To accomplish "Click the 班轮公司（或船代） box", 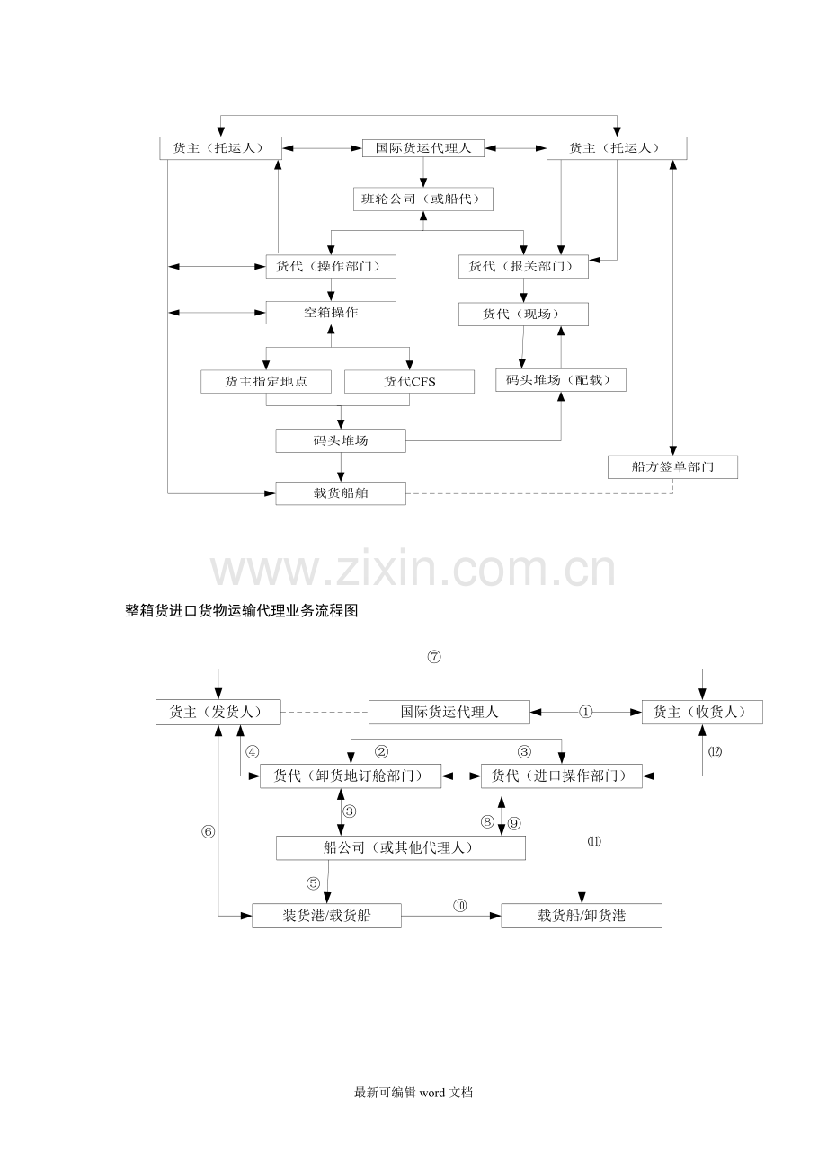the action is tap(423, 199).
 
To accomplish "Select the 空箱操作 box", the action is tap(331, 313).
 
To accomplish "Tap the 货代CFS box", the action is tap(410, 382).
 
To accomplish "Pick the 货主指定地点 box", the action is tap(266, 382).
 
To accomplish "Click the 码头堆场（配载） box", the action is tap(561, 380).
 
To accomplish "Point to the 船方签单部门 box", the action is tap(673, 467).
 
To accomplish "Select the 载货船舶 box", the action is tap(341, 493).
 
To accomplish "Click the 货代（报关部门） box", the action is tap(523, 267).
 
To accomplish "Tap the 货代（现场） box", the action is tap(523, 315).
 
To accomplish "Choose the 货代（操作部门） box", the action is tap(331, 267).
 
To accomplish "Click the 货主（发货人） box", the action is tap(218, 713).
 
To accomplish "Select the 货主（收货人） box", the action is tap(702, 712).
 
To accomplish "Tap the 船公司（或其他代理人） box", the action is tap(401, 848).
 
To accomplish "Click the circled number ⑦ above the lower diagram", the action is tap(434, 657).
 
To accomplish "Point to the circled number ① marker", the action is tap(585, 712).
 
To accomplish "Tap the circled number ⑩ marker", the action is tap(459, 906).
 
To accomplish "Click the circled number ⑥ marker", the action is tap(208, 831).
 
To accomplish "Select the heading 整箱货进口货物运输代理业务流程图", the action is tap(242, 610).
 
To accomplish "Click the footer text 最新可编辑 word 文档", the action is tap(413, 1093).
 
